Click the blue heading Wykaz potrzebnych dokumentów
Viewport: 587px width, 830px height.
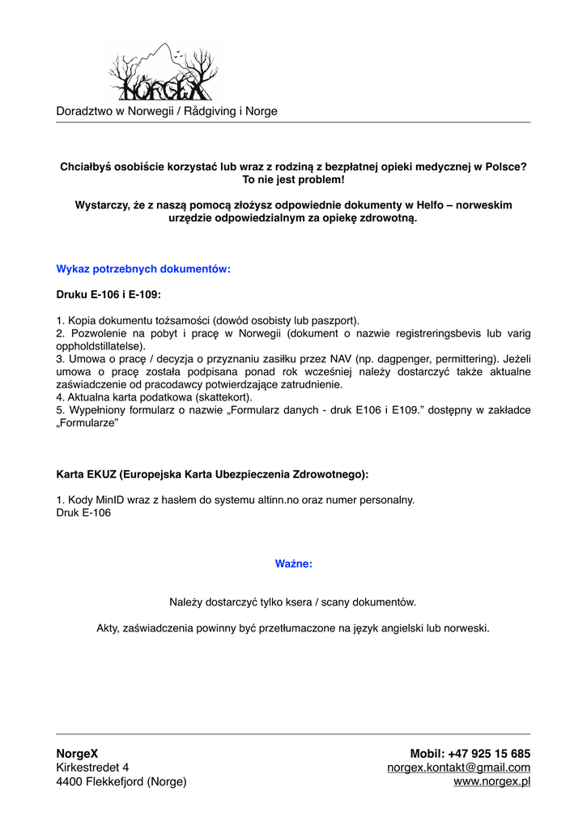[143, 269]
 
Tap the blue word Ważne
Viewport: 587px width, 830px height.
[293, 563]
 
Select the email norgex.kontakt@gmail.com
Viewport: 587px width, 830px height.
[458, 768]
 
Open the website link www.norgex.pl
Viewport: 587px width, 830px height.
[492, 782]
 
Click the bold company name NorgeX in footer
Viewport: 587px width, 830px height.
[77, 754]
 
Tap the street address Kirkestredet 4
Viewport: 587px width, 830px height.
[92, 768]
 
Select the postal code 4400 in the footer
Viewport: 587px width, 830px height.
[70, 782]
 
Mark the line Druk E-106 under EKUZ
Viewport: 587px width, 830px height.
[83, 513]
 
